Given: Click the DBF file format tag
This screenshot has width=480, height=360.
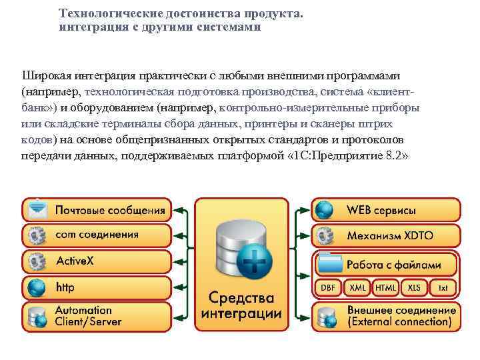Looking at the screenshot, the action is (328, 287).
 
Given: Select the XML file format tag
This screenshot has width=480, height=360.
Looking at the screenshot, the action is (357, 287).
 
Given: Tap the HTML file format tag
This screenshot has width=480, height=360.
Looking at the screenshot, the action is (385, 287).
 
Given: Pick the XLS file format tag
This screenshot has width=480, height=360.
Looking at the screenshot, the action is (414, 287).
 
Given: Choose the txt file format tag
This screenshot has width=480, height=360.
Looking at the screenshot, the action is (443, 287).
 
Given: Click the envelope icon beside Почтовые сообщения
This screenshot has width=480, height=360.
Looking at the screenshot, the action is (37, 209).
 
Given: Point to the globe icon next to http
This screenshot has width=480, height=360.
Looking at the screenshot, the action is (37, 288).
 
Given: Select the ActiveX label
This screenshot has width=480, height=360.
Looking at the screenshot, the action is (75, 261).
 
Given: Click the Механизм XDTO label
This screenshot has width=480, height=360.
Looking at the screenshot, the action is (385, 236).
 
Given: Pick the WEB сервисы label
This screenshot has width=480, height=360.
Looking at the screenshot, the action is (381, 210).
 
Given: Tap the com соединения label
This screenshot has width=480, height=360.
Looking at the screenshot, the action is (97, 235).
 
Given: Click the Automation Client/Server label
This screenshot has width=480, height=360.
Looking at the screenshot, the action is (88, 316).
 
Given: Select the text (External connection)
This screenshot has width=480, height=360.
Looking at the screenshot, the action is (399, 322).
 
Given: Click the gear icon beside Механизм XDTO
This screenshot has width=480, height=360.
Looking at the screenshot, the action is (325, 236).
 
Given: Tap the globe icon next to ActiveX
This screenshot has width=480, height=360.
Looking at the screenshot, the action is (37, 261).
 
